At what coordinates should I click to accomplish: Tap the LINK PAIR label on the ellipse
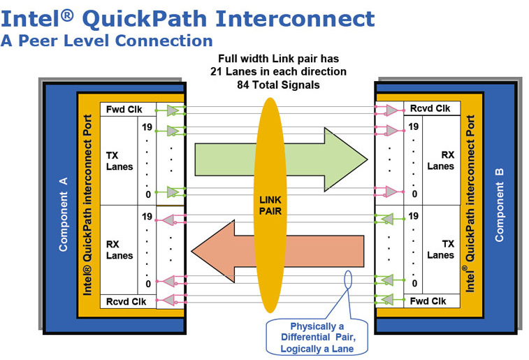[x=269, y=205]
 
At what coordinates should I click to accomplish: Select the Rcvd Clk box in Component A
[x=126, y=302]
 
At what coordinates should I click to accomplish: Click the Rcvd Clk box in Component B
[x=430, y=108]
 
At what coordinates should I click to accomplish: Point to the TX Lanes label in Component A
[x=119, y=161]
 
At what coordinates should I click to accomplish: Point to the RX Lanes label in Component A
[x=119, y=250]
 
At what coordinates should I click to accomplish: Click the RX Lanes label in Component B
[x=440, y=161]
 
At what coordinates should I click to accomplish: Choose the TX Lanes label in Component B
[x=440, y=250]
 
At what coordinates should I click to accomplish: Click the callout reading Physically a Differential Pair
[x=317, y=338]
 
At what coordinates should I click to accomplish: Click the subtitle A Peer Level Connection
[x=106, y=41]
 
